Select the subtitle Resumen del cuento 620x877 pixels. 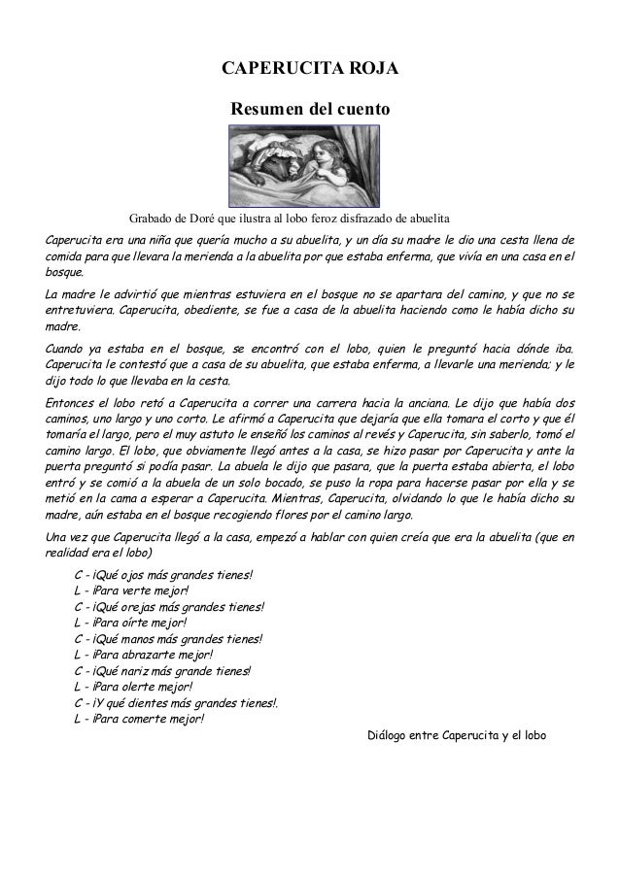click(x=310, y=114)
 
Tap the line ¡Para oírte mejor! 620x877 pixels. click(x=130, y=624)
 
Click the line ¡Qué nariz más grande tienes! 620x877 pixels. click(x=161, y=671)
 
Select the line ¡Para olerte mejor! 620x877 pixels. click(x=130, y=688)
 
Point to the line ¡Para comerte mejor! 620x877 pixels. click(x=139, y=720)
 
